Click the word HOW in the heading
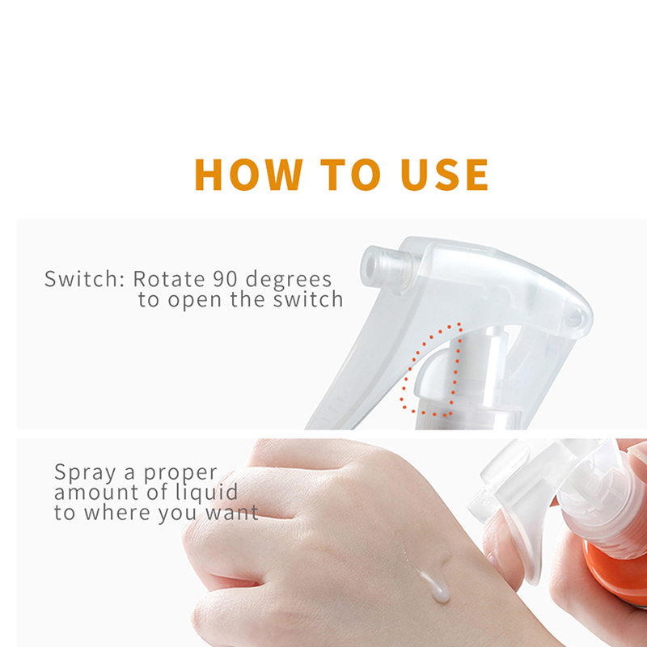click(248, 175)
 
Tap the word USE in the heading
click(444, 175)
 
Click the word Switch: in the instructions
click(84, 279)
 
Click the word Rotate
click(169, 279)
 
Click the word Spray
click(85, 473)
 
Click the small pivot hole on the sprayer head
click(575, 318)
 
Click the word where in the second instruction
click(117, 513)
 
